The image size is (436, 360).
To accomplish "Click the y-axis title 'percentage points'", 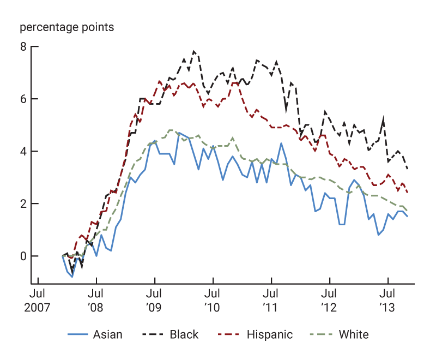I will click(x=67, y=27).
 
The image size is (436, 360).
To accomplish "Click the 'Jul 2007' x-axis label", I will click(x=38, y=302).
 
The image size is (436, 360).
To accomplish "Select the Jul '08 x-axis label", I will click(x=96, y=302).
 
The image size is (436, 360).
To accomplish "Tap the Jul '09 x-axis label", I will click(x=154, y=302).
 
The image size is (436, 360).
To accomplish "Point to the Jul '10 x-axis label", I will click(x=213, y=302).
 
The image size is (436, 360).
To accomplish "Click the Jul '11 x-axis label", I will click(x=271, y=302).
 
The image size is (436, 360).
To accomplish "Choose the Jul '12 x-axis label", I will click(x=329, y=302).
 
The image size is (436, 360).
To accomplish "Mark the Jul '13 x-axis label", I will click(x=387, y=302).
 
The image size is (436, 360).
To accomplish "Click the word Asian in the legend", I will click(x=107, y=334).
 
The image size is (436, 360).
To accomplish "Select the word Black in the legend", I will click(x=184, y=334).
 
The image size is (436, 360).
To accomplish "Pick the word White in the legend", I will click(x=354, y=334).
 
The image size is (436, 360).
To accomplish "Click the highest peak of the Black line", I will click(x=193, y=51).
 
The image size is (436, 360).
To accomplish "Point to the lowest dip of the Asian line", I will click(x=72, y=277).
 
